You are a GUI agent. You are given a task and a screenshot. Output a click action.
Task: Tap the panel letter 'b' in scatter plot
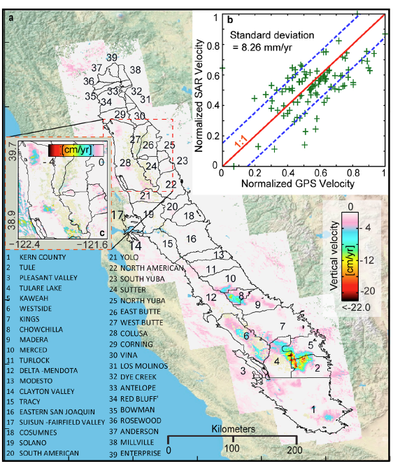coord(229,15)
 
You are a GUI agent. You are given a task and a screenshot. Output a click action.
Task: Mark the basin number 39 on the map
coord(111,57)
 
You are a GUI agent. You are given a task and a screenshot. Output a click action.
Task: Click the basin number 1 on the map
coord(313,409)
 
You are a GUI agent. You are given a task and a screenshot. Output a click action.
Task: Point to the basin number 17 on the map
coord(117,214)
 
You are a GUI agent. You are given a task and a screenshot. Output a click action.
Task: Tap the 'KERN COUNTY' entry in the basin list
coord(36,257)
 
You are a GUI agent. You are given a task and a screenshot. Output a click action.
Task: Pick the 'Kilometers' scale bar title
coord(230,428)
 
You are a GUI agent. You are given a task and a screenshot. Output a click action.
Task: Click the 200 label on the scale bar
coord(294,449)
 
